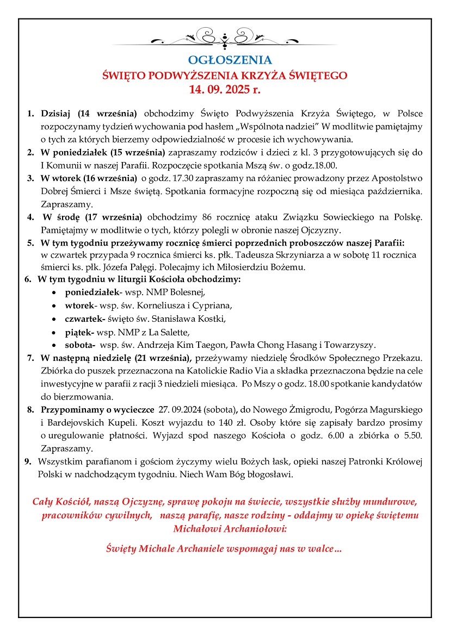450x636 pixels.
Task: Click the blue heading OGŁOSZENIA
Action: point(225,59)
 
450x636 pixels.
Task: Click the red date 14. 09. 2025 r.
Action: point(225,90)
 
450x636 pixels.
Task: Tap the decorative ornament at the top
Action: point(225,39)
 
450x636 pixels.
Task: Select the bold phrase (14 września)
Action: point(107,114)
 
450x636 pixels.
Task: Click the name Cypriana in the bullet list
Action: point(213,305)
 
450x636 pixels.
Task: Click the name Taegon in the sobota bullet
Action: point(214,345)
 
